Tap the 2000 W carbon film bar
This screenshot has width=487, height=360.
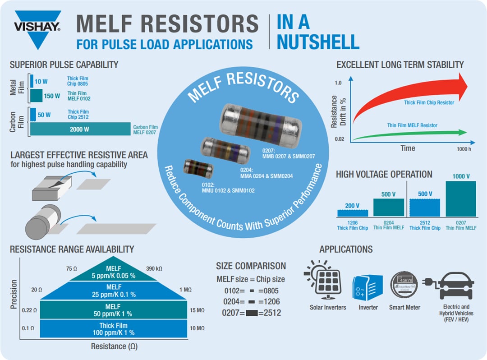[80, 129]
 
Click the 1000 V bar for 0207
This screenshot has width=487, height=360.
[461, 198]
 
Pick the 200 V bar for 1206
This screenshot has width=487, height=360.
[353, 212]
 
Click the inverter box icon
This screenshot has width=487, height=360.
[367, 287]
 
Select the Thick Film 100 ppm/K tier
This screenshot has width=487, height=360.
[114, 329]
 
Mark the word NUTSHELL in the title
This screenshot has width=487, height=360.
[318, 42]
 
